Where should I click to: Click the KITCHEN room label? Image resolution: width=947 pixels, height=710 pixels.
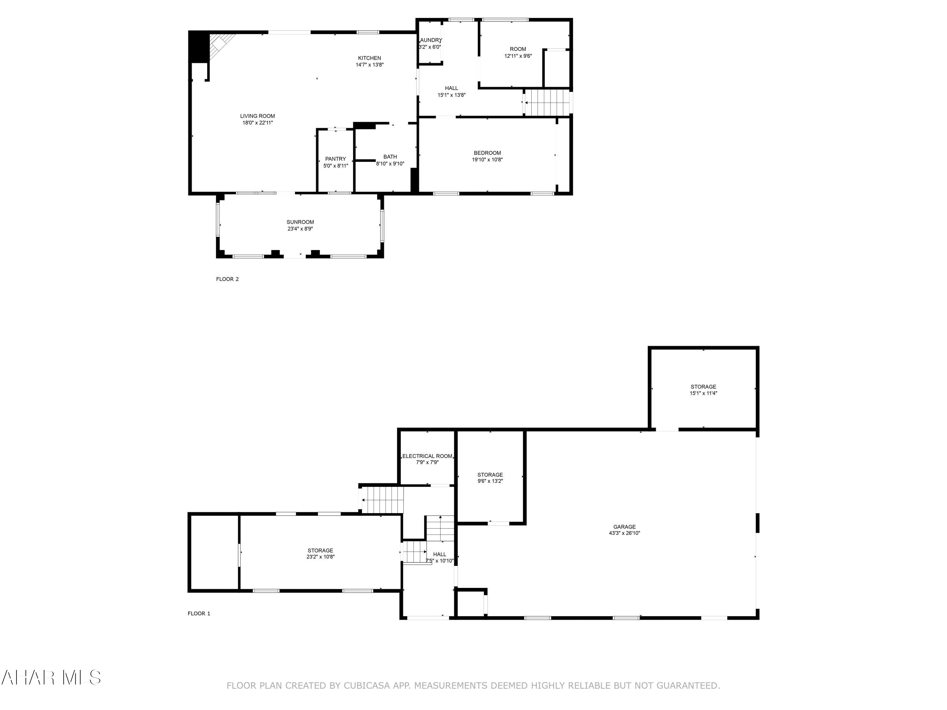tap(369, 58)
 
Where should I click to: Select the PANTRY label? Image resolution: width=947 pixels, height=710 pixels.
tap(335, 159)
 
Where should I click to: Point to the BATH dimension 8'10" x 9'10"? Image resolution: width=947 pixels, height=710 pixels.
tap(390, 163)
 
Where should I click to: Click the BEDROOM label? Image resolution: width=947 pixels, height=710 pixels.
tap(487, 153)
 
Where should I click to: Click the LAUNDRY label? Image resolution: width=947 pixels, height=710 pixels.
tap(430, 40)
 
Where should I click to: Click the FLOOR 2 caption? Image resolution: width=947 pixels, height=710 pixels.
tap(227, 279)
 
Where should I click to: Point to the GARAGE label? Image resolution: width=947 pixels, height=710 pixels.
tap(624, 527)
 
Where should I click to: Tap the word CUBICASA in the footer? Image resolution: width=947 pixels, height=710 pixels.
tap(366, 686)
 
